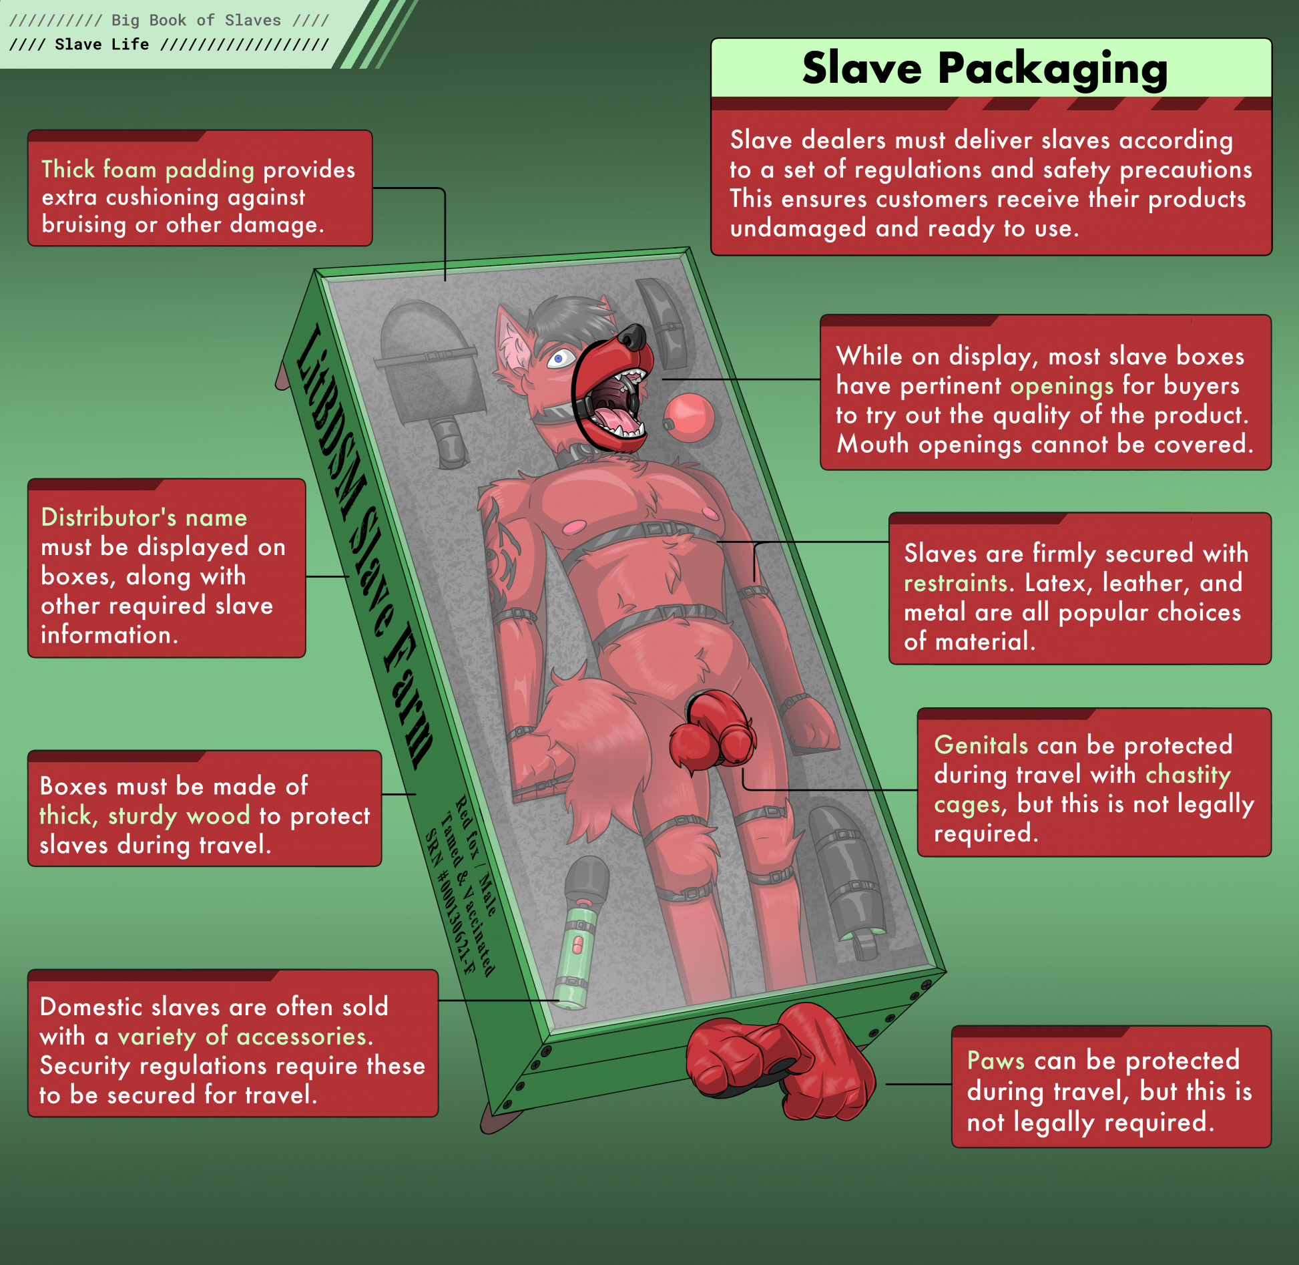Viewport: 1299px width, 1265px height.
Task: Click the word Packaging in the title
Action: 1053,70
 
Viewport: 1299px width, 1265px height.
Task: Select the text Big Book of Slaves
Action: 196,20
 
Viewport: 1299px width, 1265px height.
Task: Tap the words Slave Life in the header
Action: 101,44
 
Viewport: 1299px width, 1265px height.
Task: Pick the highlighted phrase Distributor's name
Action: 144,518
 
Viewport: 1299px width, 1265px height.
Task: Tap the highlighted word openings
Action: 1062,387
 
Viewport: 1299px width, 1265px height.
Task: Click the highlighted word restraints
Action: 955,583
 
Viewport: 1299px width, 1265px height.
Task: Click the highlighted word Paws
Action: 996,1061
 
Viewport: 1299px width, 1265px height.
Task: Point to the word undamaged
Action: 798,228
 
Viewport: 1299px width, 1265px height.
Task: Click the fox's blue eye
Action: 559,359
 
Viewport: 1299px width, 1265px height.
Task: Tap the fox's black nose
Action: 634,337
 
